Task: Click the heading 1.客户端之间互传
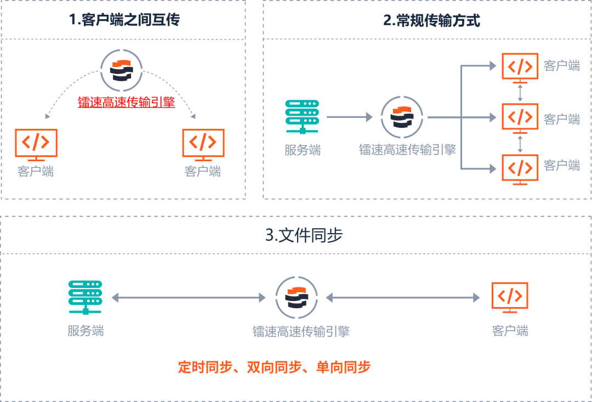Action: pyautogui.click(x=124, y=20)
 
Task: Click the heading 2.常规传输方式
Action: pyautogui.click(x=431, y=20)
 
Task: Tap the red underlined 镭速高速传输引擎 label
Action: pyautogui.click(x=127, y=102)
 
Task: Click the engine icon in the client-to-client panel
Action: pyautogui.click(x=121, y=70)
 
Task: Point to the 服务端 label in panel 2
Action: pyautogui.click(x=303, y=150)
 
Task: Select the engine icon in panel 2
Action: pyautogui.click(x=401, y=117)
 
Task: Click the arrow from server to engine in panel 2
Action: pyautogui.click(x=350, y=117)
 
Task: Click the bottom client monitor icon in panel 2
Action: pyautogui.click(x=520, y=168)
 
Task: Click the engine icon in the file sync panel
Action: pyautogui.click(x=297, y=297)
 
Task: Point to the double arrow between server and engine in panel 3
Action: pyautogui.click(x=189, y=298)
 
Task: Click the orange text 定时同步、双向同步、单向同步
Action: pyautogui.click(x=274, y=367)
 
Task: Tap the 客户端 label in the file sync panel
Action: pyautogui.click(x=510, y=331)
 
